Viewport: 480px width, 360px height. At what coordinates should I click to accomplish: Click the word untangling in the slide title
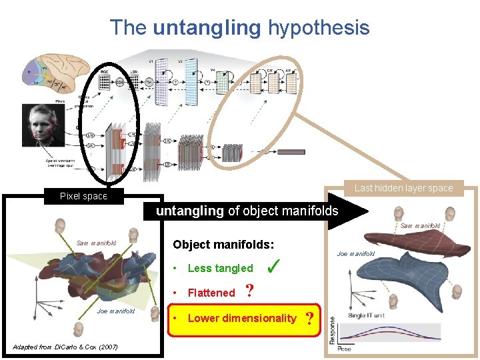[207, 28]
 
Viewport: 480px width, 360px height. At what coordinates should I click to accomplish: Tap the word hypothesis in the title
[318, 28]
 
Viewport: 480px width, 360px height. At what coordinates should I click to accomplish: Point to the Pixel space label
[83, 196]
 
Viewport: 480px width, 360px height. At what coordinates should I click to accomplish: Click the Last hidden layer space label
[403, 188]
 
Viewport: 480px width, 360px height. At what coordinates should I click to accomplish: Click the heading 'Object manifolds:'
[224, 245]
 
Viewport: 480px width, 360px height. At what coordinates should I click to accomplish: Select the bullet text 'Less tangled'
[221, 269]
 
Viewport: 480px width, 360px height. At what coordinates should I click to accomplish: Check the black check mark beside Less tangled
[272, 267]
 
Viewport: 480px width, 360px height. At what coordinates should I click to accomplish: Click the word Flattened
[211, 293]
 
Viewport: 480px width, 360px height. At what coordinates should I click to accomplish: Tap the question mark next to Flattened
[249, 291]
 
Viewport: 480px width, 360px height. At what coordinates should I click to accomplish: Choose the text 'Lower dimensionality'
[242, 318]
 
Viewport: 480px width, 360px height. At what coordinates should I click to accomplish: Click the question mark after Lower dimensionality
[309, 318]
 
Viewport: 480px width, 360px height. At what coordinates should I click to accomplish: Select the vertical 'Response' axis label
[333, 330]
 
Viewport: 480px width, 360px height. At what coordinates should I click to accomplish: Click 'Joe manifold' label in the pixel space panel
[116, 311]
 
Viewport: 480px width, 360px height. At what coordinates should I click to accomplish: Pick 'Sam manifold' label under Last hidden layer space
[420, 226]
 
